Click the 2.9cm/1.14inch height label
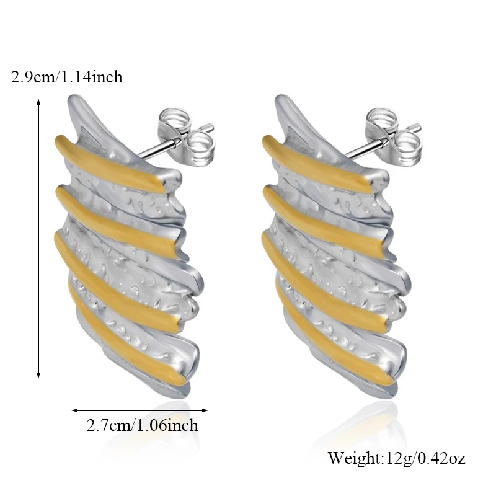coord(67,77)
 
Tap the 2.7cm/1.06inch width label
coord(143,426)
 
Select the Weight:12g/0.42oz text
coord(397,459)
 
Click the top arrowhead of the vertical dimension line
coord(38,100)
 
